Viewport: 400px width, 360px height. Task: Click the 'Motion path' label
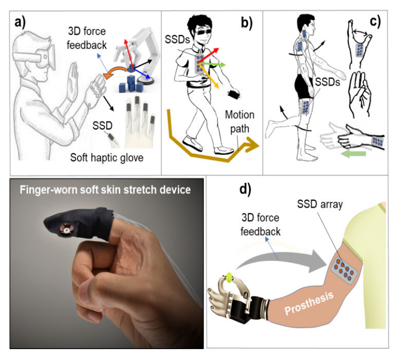(240, 121)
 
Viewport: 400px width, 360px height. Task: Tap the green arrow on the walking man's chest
(215, 64)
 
